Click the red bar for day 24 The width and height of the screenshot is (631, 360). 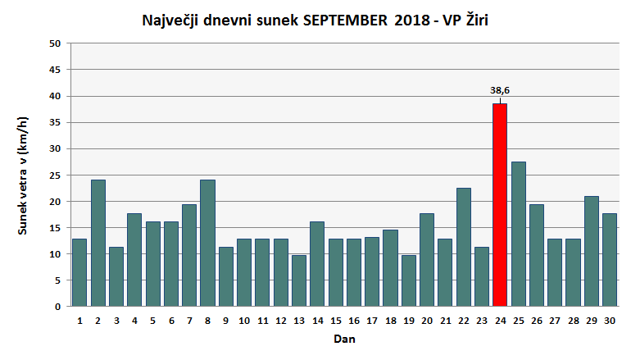500,205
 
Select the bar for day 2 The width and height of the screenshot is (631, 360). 98,243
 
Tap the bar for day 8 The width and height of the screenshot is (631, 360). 207,243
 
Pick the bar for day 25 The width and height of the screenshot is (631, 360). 518,234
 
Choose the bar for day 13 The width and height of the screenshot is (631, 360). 298,280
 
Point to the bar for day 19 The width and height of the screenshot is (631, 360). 408,280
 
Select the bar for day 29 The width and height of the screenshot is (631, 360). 591,251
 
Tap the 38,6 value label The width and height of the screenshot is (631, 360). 500,90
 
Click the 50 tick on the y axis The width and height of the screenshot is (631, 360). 57,43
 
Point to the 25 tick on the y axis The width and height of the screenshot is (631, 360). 57,175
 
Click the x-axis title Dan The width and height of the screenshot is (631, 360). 344,339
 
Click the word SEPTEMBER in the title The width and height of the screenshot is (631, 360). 345,20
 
